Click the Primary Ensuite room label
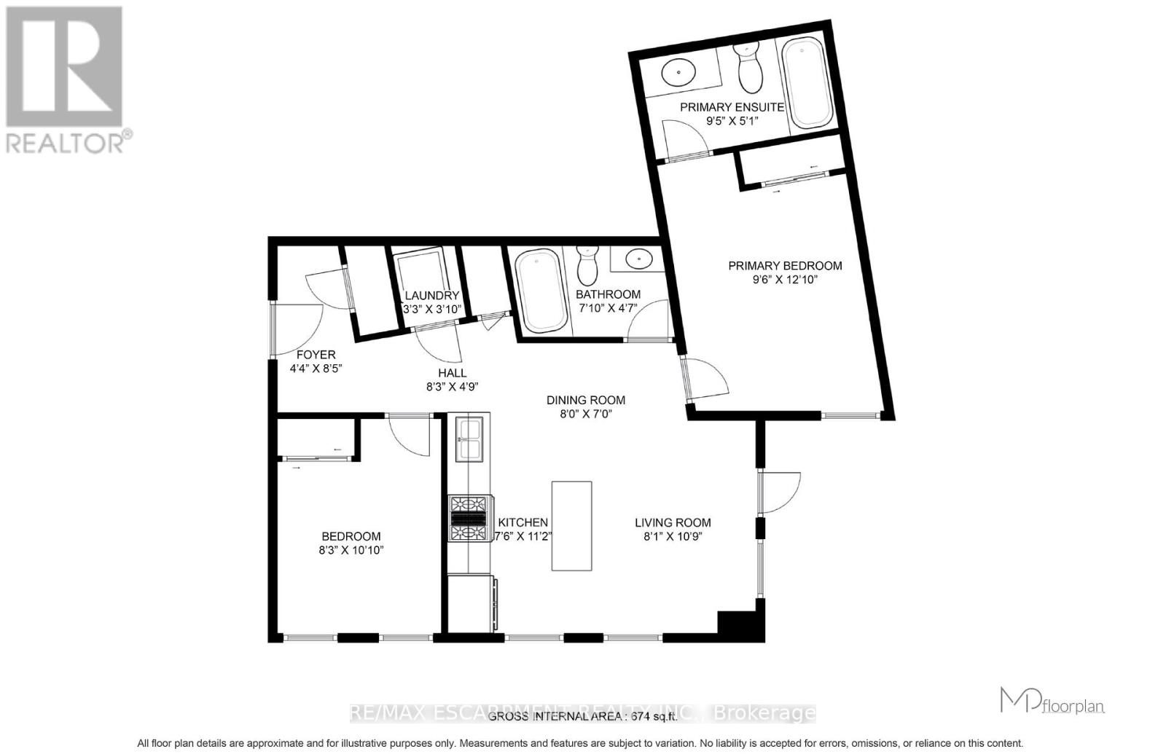point(732,107)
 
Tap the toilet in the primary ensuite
point(748,67)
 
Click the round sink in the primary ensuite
point(678,73)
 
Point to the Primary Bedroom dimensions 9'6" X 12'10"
point(785,280)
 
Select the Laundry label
point(431,295)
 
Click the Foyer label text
point(316,355)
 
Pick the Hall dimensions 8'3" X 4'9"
point(452,388)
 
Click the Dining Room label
point(586,400)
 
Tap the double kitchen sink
point(468,439)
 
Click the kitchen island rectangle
point(571,525)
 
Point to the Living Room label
point(672,522)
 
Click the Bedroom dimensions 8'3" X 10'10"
point(351,551)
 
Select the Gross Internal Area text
point(582,716)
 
